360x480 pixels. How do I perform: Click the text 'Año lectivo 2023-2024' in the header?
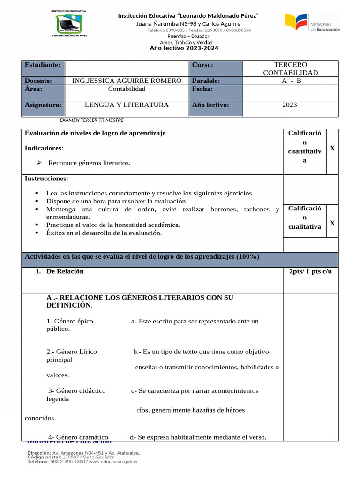[x=184, y=48]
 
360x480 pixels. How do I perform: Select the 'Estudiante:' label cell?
[x=43, y=65]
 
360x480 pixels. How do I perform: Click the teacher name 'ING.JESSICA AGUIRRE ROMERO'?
[x=127, y=81]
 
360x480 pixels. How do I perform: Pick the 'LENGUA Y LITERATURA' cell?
[x=127, y=105]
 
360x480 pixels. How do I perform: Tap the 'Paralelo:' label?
[x=206, y=81]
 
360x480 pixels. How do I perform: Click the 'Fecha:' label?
[x=202, y=89]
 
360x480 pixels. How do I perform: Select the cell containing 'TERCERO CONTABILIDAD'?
[x=290, y=68]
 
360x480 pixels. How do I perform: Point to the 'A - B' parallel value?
[x=290, y=81]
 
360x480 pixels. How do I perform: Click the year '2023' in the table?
[x=289, y=105]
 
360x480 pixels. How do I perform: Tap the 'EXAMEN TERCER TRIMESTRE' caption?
[x=92, y=120]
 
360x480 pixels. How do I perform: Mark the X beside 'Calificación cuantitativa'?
[x=332, y=148]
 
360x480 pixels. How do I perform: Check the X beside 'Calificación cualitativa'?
[x=332, y=223]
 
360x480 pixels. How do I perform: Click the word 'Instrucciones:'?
[x=46, y=179]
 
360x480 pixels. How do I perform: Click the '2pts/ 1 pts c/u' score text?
[x=310, y=272]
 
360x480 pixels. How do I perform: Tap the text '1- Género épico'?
[x=69, y=321]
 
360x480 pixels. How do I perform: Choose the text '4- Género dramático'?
[x=78, y=437]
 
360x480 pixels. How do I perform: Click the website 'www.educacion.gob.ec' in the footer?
[x=114, y=462]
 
